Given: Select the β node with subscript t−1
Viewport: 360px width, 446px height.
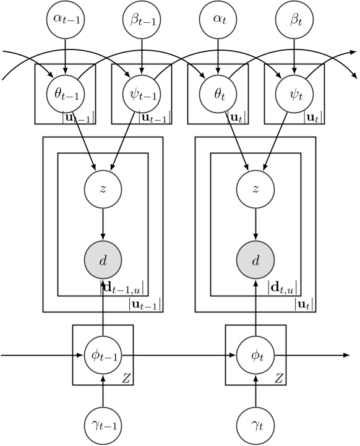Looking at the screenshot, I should (142, 20).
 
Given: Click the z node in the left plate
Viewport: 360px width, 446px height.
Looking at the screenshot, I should (103, 187).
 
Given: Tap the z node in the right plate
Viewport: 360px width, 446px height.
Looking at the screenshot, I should (256, 187).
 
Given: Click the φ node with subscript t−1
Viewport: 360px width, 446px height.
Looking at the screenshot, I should (103, 356).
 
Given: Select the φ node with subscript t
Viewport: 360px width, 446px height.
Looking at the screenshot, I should (256, 356).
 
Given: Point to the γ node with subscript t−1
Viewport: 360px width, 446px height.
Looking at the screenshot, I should (103, 425).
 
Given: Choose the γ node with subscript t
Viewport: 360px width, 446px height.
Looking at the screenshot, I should (256, 425).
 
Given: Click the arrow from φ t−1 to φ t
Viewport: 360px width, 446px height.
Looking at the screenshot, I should (179, 356).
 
